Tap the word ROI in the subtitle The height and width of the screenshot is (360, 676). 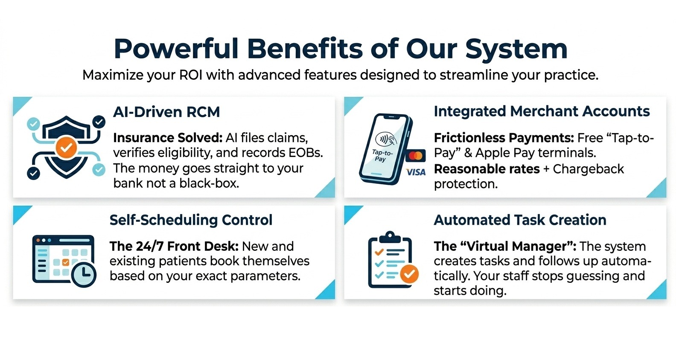click(191, 75)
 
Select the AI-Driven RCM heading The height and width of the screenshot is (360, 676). click(166, 112)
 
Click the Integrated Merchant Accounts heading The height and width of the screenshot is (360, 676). click(542, 111)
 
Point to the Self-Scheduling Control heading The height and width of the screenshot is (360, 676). click(191, 220)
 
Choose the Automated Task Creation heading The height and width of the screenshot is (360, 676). click(520, 220)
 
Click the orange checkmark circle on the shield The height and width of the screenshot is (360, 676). click(66, 148)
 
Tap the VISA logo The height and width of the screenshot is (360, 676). click(416, 172)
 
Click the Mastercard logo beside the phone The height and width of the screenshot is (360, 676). click(415, 156)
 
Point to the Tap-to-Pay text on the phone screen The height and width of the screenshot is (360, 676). click(382, 156)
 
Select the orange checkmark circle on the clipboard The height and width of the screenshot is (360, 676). click(409, 274)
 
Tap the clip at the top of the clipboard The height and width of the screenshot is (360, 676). click(390, 236)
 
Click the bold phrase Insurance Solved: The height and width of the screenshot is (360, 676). click(168, 138)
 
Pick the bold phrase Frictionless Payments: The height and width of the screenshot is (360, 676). click(504, 138)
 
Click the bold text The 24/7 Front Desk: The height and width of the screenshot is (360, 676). click(174, 246)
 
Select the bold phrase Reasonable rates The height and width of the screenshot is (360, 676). click(487, 169)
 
